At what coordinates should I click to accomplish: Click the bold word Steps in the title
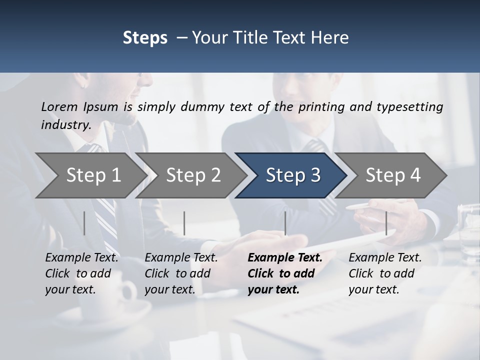145,38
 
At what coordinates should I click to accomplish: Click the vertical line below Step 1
84,223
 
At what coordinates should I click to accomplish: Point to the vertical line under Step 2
184,223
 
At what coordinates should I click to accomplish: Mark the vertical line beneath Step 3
285,223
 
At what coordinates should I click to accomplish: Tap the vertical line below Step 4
386,223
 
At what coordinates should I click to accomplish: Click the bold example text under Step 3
285,273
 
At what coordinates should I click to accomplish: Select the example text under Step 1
81,273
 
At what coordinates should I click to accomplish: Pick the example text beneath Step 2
181,273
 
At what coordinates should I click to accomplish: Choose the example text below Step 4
385,273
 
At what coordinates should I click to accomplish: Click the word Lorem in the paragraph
59,106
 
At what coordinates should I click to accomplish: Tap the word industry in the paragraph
65,124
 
